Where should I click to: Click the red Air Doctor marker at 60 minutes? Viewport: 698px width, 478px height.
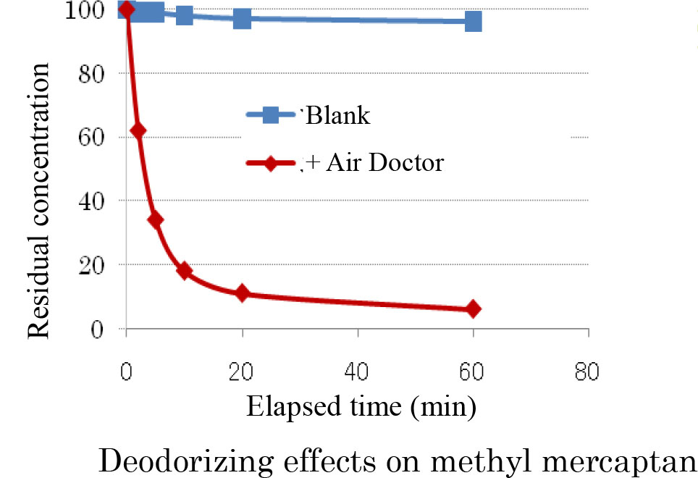click(x=473, y=309)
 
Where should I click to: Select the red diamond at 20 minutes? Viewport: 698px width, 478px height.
click(x=242, y=293)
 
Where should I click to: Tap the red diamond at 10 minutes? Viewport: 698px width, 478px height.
click(x=184, y=271)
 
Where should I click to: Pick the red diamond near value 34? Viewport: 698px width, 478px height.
click(x=155, y=220)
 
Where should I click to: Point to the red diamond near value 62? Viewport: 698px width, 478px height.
click(x=138, y=131)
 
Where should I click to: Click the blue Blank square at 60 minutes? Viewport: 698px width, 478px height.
click(x=473, y=21)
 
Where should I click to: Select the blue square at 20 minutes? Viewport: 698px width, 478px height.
click(x=242, y=18)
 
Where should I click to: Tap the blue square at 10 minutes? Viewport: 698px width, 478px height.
click(x=184, y=15)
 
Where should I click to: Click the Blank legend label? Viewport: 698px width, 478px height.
click(x=339, y=115)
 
